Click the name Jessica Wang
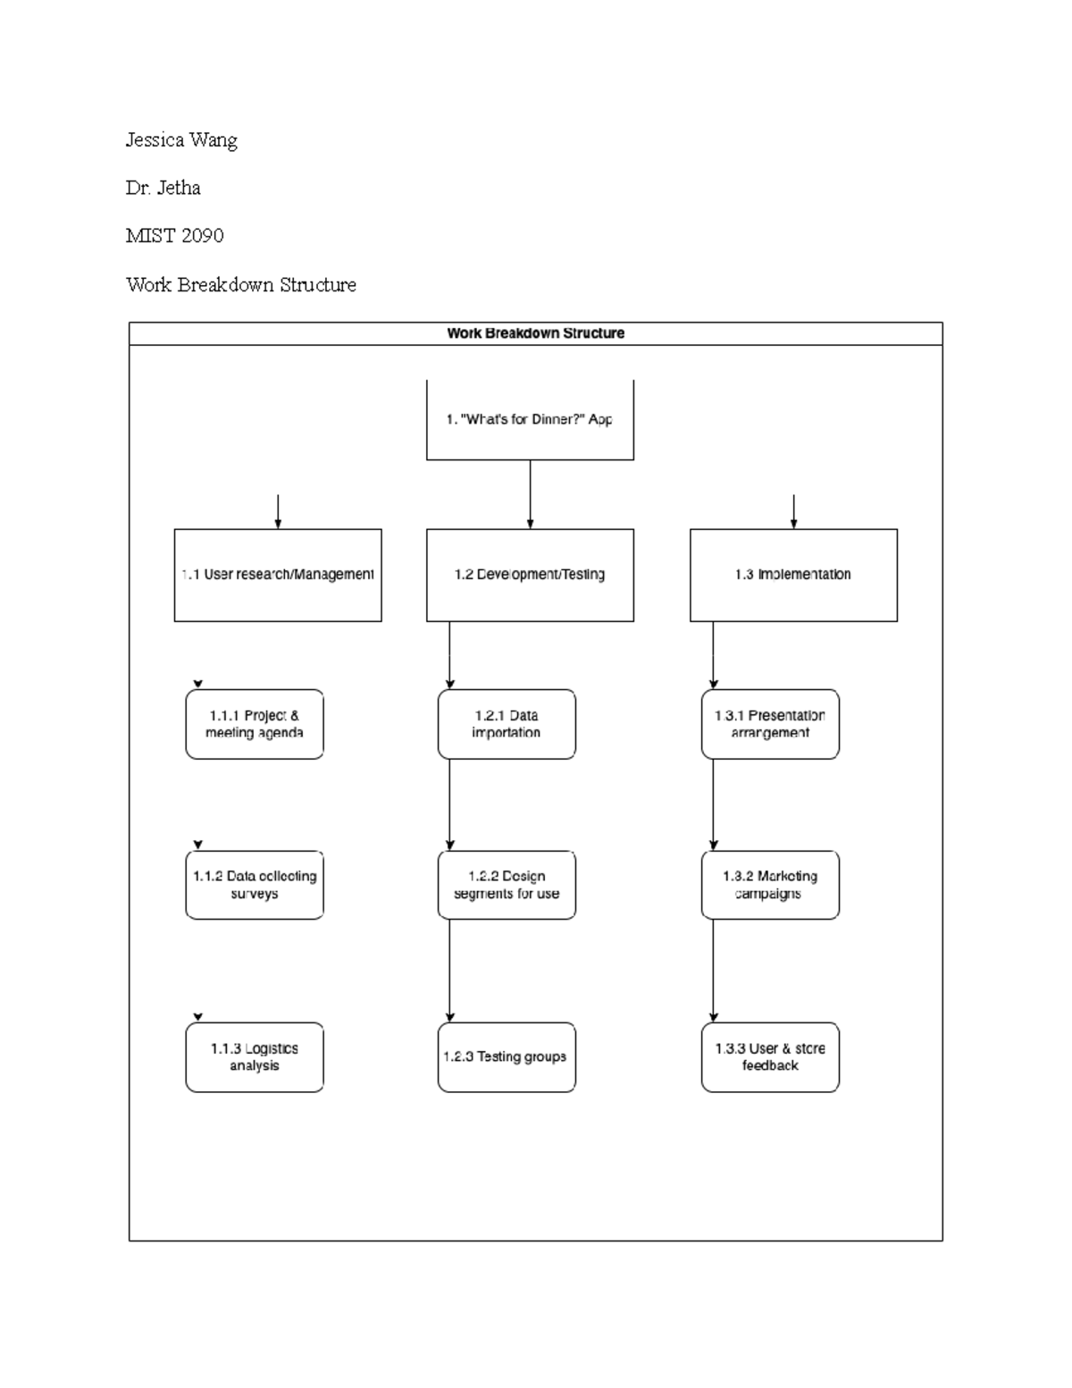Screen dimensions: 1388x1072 [x=181, y=140]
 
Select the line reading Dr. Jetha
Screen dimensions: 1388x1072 [x=163, y=188]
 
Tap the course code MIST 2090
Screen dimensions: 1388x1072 [x=174, y=236]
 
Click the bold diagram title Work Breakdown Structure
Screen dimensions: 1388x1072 [x=535, y=333]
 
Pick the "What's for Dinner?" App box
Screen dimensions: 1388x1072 [x=530, y=420]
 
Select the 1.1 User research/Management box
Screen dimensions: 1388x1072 [x=278, y=575]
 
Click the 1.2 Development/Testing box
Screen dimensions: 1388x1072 [x=530, y=575]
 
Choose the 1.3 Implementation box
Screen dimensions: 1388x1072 [x=793, y=575]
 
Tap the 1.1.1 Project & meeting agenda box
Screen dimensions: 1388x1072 [x=255, y=724]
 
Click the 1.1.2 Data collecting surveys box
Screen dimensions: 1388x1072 [x=255, y=885]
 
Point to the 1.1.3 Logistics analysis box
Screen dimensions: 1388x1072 [x=255, y=1056]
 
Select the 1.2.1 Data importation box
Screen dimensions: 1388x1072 [x=507, y=724]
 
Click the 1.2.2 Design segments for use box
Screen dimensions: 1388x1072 [x=507, y=885]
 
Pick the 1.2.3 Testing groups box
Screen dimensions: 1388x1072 [x=507, y=1056]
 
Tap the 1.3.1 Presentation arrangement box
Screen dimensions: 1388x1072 [x=770, y=724]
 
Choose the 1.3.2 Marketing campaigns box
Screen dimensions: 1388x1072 [x=770, y=885]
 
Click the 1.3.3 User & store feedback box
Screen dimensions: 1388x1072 [x=770, y=1056]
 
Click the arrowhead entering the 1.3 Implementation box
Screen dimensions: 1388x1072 [x=793, y=524]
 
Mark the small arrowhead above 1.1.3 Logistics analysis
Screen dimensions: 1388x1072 [x=198, y=1017]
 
